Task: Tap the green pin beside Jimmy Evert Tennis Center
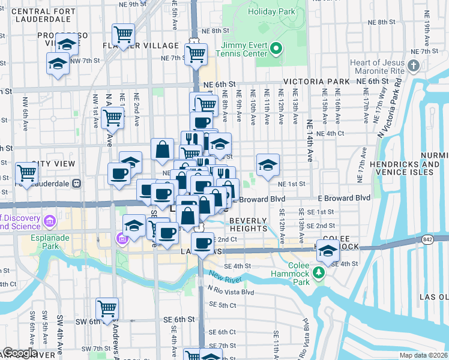(x=276, y=49)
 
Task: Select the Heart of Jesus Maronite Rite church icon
(x=413, y=65)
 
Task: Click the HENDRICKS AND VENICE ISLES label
(x=412, y=168)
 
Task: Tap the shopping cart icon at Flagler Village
(x=123, y=35)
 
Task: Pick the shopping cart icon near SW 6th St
(x=107, y=308)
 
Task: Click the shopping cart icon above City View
(x=26, y=173)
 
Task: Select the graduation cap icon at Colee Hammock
(x=328, y=252)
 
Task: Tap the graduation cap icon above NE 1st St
(x=268, y=163)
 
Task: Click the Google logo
(x=20, y=353)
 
